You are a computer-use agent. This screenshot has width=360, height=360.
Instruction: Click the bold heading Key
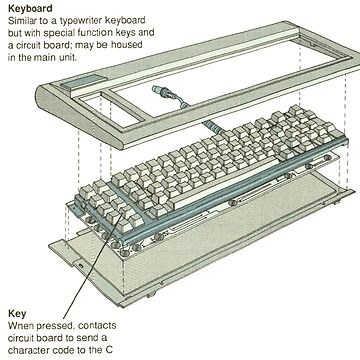[17, 314]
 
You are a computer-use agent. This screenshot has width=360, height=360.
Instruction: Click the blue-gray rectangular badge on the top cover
[83, 82]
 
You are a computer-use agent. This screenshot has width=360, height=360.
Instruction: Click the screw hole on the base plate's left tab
[80, 266]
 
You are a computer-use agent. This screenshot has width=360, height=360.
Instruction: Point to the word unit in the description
[69, 57]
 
